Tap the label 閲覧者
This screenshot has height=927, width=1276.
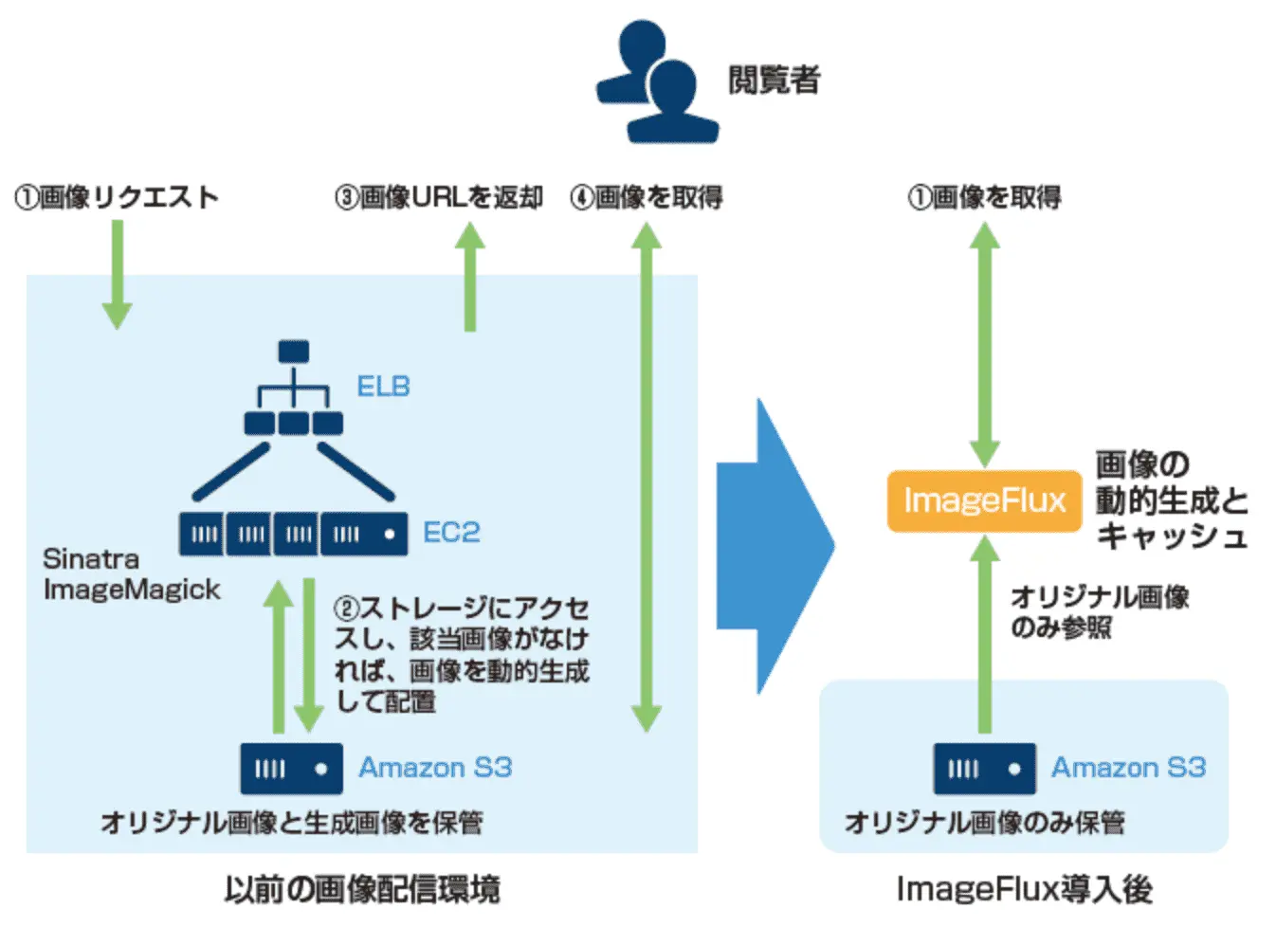point(774,80)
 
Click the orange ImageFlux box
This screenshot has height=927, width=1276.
point(984,500)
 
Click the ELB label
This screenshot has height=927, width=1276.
point(383,387)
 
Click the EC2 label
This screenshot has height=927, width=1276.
point(451,533)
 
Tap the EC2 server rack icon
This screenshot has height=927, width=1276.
point(293,534)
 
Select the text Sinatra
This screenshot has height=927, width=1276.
point(91,559)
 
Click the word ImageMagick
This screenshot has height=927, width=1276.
point(132,590)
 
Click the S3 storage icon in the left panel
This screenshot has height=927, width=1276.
point(291,769)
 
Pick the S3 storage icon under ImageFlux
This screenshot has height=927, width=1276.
point(984,769)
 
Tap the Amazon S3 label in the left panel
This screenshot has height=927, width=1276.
point(435,767)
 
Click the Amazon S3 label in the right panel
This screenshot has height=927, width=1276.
point(1128,767)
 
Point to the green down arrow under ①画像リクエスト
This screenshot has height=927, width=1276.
point(117,275)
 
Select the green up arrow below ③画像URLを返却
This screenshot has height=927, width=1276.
point(469,277)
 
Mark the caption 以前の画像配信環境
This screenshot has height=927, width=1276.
point(362,889)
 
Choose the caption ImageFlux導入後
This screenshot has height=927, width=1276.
point(1024,889)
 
